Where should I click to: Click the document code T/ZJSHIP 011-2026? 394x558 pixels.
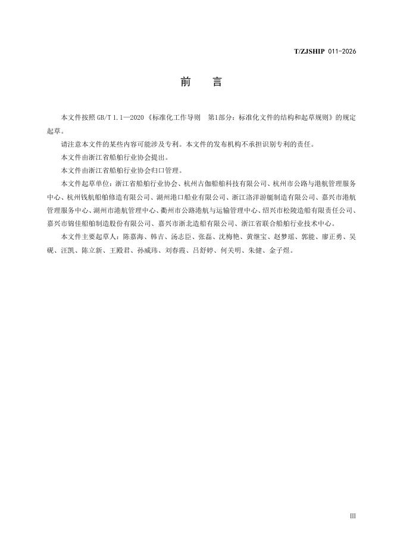[x=325, y=52]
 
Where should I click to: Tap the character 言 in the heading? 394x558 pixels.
[x=217, y=82]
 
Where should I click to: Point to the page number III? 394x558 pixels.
[x=352, y=516]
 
